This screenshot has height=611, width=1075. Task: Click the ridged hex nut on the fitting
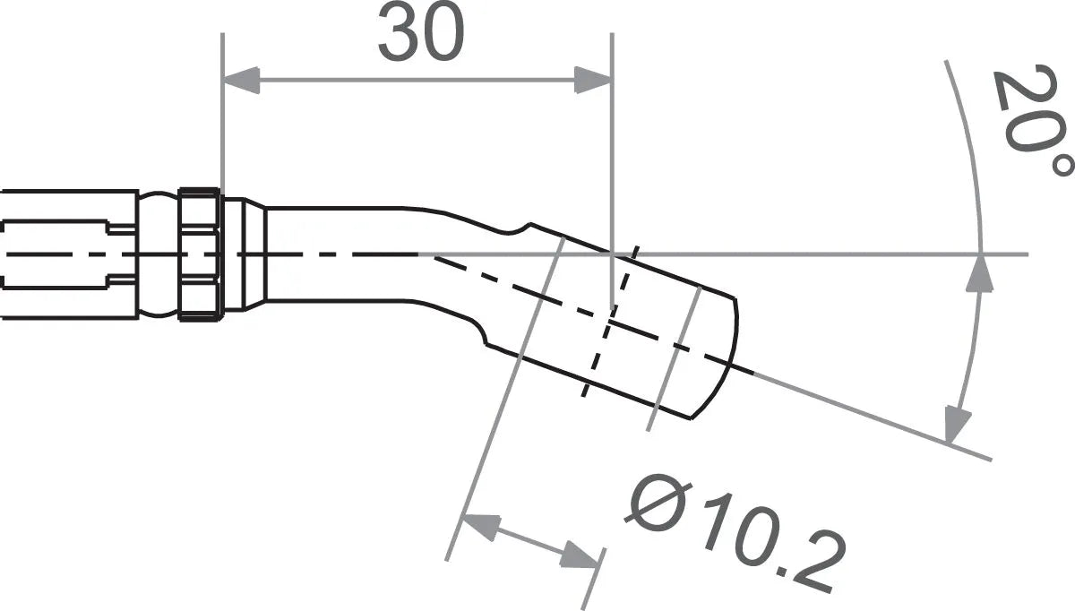coord(200,254)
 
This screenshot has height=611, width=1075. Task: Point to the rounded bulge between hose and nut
coord(159,254)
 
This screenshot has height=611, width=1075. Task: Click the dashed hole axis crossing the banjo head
coord(609,323)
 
